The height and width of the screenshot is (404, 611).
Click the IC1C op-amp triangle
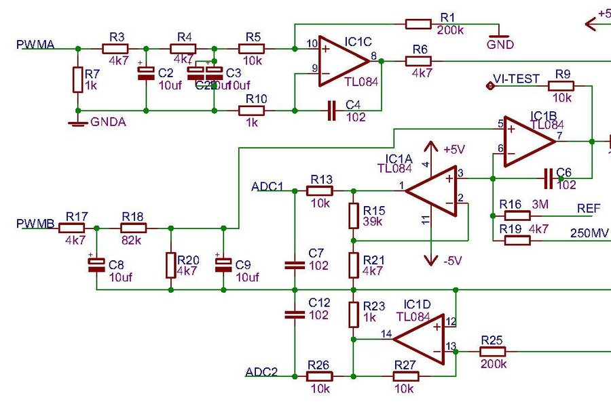tap(343, 62)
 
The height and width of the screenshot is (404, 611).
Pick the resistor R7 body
tap(77, 79)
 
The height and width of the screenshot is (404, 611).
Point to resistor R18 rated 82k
tap(134, 228)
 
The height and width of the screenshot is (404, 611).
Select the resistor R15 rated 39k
tap(353, 216)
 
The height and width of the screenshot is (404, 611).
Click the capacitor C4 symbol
tap(332, 110)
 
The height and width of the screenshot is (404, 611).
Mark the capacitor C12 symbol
tap(295, 314)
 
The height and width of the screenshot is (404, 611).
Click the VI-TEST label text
tap(516, 79)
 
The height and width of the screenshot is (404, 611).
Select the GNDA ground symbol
tap(77, 122)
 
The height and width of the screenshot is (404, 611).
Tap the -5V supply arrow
tap(430, 258)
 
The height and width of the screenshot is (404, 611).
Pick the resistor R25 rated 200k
tap(493, 352)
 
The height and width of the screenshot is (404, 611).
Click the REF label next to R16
tap(589, 208)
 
